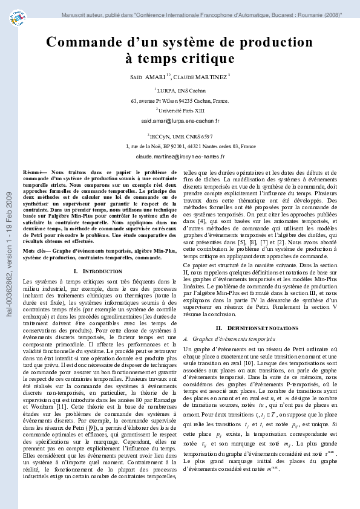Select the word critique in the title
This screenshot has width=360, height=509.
pos(206,59)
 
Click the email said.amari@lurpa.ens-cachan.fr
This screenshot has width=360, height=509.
pos(180,120)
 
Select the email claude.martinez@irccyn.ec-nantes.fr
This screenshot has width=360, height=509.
pos(180,156)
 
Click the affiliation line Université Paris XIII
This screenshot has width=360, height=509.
pos(180,111)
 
